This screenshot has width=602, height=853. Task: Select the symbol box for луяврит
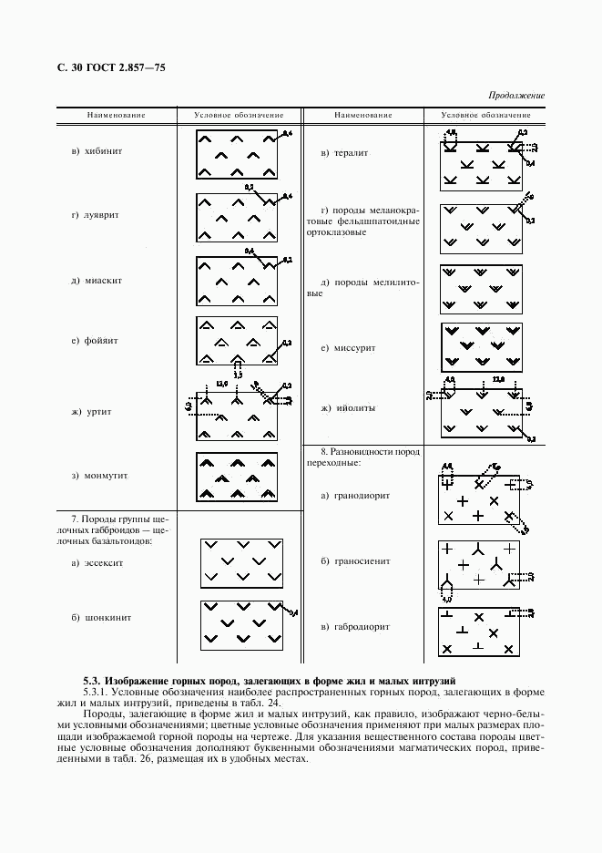(x=237, y=216)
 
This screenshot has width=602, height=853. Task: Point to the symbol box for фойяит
(x=237, y=340)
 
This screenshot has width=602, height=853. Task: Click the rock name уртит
(x=97, y=412)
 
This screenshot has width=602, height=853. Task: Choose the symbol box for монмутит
(x=237, y=476)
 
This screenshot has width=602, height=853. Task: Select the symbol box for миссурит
(x=482, y=345)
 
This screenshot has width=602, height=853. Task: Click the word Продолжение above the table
(x=516, y=95)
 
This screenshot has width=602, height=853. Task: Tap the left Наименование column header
(x=117, y=116)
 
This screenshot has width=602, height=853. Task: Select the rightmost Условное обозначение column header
(x=485, y=116)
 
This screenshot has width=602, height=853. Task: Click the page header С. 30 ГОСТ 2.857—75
(x=111, y=68)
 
